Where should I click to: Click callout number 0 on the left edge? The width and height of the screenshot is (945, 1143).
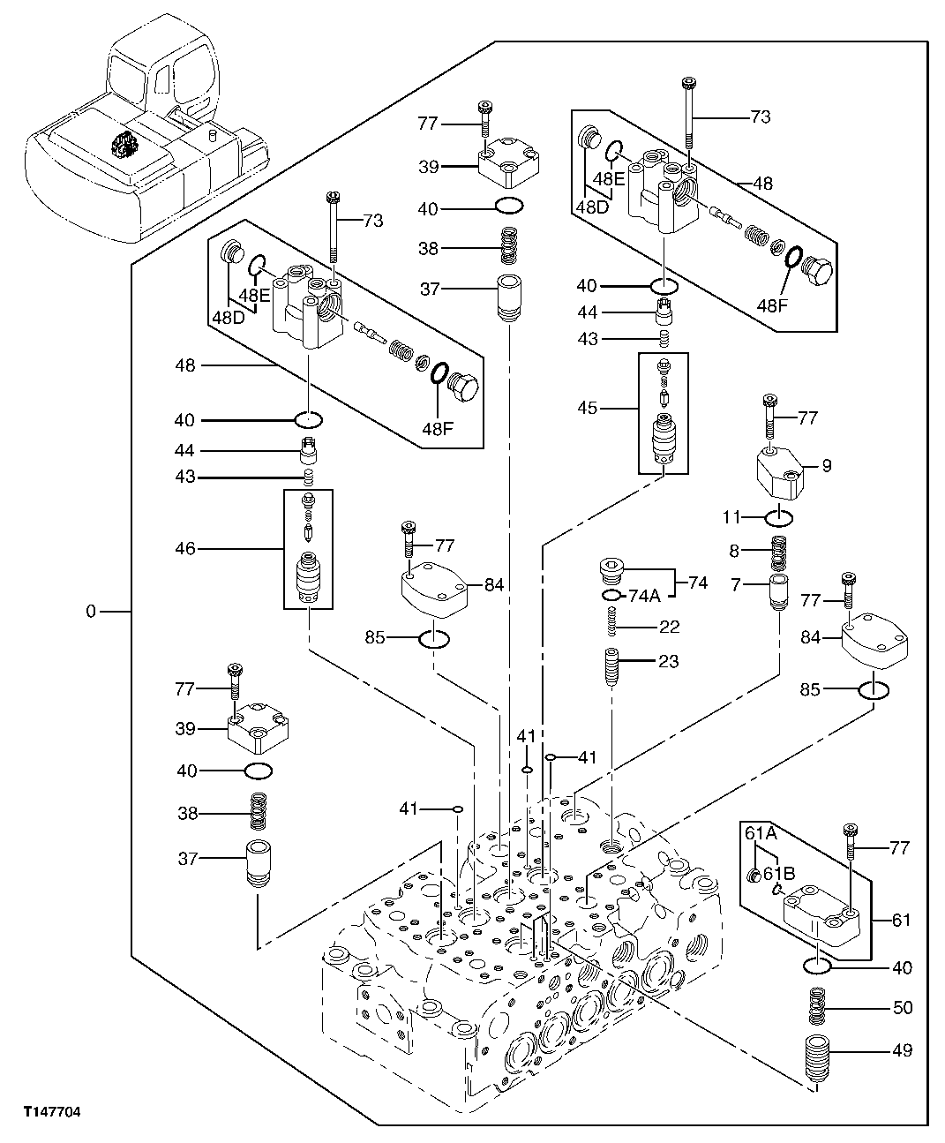91,611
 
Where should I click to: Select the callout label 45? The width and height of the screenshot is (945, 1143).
612,408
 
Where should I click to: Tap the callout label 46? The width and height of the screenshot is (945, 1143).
185,548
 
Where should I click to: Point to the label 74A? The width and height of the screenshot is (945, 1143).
644,596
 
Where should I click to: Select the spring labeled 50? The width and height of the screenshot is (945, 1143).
820,1007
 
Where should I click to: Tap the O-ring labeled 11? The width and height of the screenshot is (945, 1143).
781,516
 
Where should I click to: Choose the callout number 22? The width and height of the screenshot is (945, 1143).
669,627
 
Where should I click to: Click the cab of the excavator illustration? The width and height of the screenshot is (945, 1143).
163,71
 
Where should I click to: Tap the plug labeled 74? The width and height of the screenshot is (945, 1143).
608,573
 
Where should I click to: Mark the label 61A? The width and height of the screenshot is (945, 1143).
759,832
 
